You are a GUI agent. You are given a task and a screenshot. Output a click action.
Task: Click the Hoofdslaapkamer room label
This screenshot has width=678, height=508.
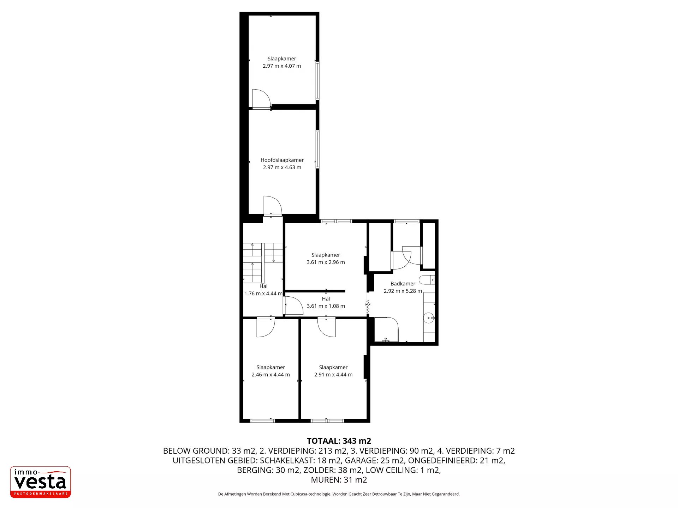tap(282, 160)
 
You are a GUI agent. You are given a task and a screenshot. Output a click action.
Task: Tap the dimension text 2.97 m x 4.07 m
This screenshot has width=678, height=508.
tap(282, 66)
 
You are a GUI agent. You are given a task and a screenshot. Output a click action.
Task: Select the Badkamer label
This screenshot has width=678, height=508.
tap(403, 284)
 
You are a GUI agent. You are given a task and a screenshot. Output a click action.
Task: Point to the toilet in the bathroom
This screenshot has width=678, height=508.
tap(427, 280)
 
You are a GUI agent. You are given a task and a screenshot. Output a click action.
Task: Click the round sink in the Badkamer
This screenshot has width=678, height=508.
tap(428, 318)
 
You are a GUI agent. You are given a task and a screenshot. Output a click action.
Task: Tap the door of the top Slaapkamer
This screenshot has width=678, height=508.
tap(261, 98)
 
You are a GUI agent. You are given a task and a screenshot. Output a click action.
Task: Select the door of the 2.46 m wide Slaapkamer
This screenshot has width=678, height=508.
tap(266, 327)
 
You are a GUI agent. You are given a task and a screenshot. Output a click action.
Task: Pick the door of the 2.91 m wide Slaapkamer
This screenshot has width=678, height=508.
tap(327, 327)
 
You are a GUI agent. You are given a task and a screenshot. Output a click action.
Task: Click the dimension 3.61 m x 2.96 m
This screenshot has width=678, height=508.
tap(326, 262)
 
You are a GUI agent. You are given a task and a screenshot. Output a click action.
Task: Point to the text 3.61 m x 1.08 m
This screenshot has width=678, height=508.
tap(326, 306)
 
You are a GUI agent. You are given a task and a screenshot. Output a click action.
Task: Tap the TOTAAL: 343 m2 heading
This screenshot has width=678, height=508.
tap(339, 441)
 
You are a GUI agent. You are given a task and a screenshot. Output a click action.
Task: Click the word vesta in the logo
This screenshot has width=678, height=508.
tap(40, 482)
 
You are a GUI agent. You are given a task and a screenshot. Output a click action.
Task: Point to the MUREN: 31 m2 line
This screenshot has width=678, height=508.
tap(339, 480)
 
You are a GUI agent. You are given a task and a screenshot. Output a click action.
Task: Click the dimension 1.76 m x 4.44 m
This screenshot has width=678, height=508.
tap(263, 294)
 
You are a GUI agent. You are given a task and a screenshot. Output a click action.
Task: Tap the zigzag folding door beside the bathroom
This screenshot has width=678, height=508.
tap(368, 308)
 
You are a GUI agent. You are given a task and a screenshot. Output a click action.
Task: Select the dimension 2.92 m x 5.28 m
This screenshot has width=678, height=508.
tap(403, 291)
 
